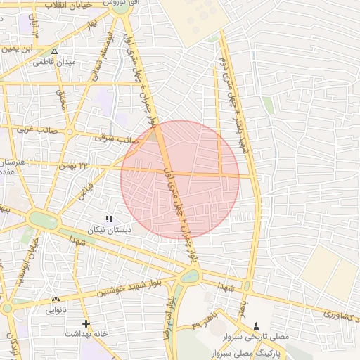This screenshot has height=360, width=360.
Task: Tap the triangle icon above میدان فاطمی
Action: click(x=54, y=51)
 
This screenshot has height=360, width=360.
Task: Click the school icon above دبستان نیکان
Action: click(x=108, y=219)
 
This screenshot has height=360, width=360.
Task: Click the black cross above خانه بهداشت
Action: click(x=86, y=324)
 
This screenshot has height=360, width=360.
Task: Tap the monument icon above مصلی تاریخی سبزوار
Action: click(x=255, y=327)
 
